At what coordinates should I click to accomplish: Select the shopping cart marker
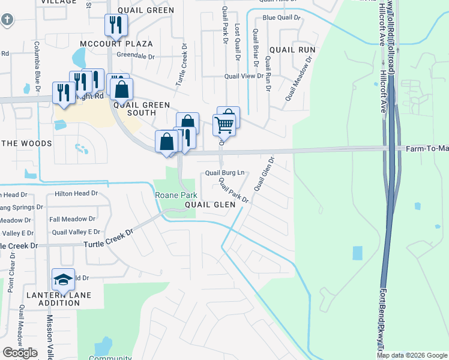[x=224, y=125]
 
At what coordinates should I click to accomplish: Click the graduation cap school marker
[x=62, y=279]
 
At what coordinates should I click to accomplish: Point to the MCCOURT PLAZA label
[x=118, y=44]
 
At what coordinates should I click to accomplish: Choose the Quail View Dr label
[x=244, y=76]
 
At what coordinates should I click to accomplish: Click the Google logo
[x=20, y=352]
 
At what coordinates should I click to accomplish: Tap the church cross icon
[x=7, y=20]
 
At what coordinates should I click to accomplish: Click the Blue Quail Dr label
[x=280, y=17]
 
